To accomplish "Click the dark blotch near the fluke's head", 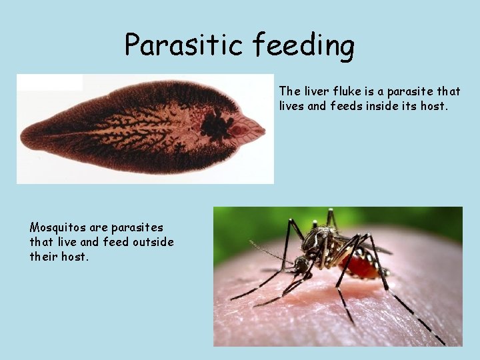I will (216, 124).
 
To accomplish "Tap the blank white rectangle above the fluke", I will (49, 83).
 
